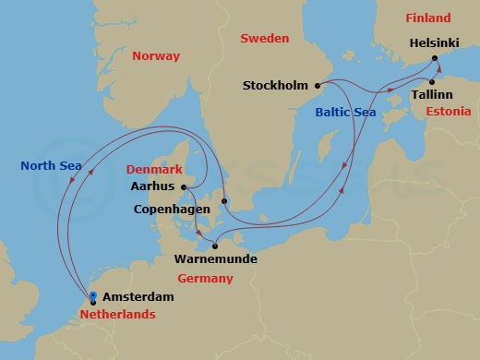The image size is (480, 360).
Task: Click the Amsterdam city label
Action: click(138, 298)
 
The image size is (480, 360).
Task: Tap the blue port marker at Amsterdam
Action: click(92, 296)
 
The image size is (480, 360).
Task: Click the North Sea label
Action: click(53, 166)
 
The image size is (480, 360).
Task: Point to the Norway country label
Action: click(156, 56)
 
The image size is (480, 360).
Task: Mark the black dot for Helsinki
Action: click(437, 58)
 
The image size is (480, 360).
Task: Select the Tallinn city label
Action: click(415, 94)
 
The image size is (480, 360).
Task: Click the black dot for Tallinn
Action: click(432, 81)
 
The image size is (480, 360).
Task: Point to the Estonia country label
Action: click(450, 111)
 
